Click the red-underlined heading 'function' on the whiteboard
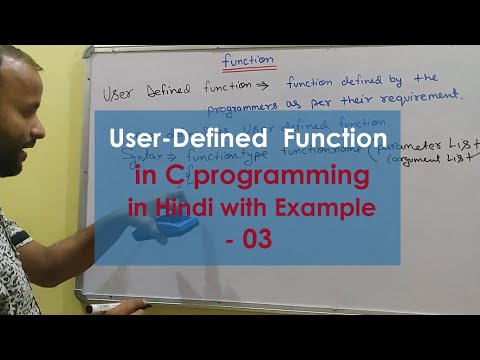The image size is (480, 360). (248, 60)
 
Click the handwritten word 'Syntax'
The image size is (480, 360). (142, 156)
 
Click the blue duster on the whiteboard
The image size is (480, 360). (166, 228)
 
